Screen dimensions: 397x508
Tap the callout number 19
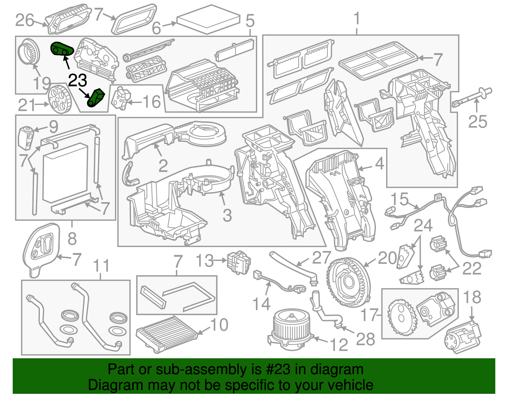coord(42,83)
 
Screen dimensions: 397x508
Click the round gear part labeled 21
coord(59,99)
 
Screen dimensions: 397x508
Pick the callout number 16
coord(151,102)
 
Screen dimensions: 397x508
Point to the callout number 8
coord(72,238)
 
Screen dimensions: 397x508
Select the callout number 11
coord(102,266)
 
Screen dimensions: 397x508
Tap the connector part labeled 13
coord(238,262)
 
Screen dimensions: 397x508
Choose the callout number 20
coord(387,258)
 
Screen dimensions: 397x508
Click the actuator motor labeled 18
coord(463,337)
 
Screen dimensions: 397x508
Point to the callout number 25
coord(477,122)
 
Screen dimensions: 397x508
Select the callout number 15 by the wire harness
coord(399,199)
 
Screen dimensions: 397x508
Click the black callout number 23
coord(77,80)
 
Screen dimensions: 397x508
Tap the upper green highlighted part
coord(62,49)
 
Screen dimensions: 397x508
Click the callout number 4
coord(379,164)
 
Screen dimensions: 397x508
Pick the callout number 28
coord(365,339)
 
